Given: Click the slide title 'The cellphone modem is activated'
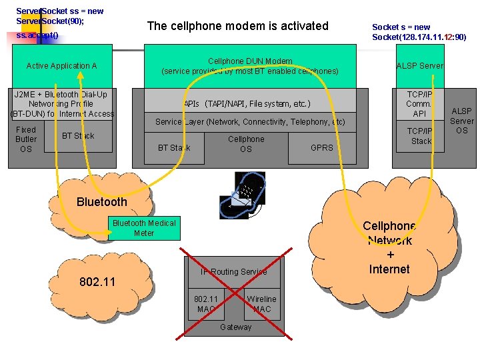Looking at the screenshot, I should pyautogui.click(x=237, y=26).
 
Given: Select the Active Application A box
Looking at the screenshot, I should pyautogui.click(x=61, y=66).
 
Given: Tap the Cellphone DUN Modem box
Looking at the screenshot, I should pyautogui.click(x=250, y=66).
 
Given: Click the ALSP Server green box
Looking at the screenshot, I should pyautogui.click(x=419, y=66).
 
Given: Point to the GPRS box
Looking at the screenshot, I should pyautogui.click(x=322, y=148).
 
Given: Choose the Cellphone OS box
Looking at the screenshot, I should pyautogui.click(x=246, y=145).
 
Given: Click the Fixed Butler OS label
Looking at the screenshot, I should pyautogui.click(x=26, y=139).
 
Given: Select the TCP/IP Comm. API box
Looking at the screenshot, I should pyautogui.click(x=419, y=104).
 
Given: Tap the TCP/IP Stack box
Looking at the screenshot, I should pyautogui.click(x=421, y=137).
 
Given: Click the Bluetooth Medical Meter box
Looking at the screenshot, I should pyautogui.click(x=144, y=228).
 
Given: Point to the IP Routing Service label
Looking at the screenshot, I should pyautogui.click(x=234, y=272).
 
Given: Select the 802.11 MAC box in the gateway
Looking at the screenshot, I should pyautogui.click(x=206, y=304).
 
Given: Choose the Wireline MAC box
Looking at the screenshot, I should pyautogui.click(x=261, y=304).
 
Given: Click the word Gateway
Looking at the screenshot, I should pyautogui.click(x=236, y=327).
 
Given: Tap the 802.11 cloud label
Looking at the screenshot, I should pyautogui.click(x=97, y=282).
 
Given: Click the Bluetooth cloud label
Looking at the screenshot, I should pyautogui.click(x=101, y=202).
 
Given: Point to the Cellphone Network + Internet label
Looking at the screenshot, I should pyautogui.click(x=390, y=247).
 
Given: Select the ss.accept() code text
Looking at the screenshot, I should pyautogui.click(x=37, y=34).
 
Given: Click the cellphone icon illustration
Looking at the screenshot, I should pyautogui.click(x=246, y=194).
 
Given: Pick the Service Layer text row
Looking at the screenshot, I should pyautogui.click(x=250, y=122).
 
